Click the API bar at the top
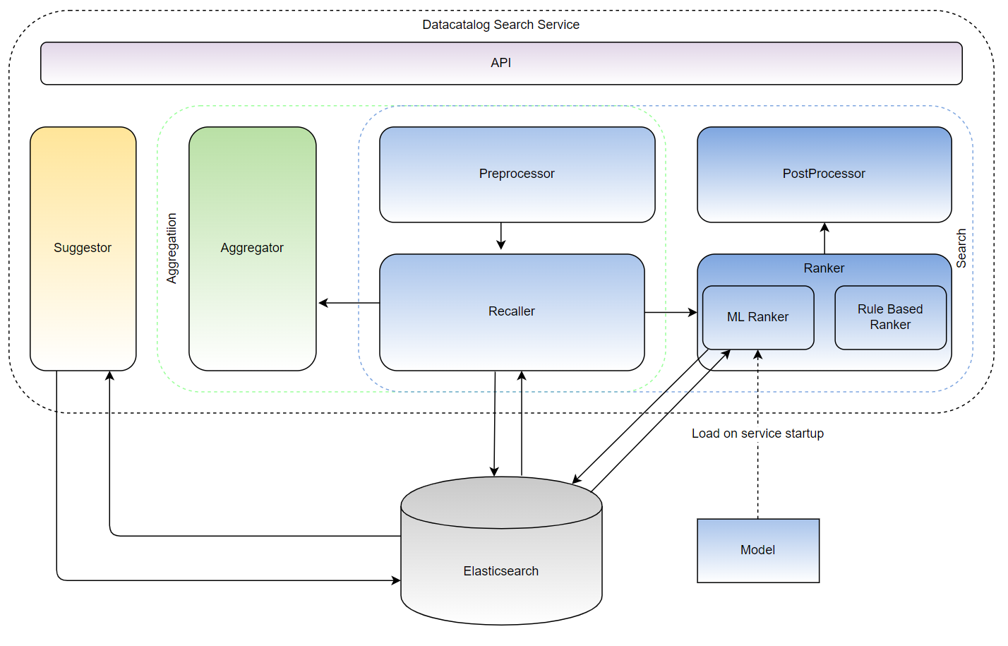501,64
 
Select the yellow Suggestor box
83,249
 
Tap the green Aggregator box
253,249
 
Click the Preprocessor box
517,174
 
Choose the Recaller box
512,313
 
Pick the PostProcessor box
824,174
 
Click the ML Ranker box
758,318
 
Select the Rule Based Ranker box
891,318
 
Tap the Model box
758,551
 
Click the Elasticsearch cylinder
501,551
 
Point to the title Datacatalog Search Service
501,25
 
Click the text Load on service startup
758,433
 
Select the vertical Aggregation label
172,249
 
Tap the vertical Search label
961,249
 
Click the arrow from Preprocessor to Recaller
501,236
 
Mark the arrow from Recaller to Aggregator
349,303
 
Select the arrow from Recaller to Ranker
671,313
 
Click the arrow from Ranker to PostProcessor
824,239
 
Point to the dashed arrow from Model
758,434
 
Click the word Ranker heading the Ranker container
824,268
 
